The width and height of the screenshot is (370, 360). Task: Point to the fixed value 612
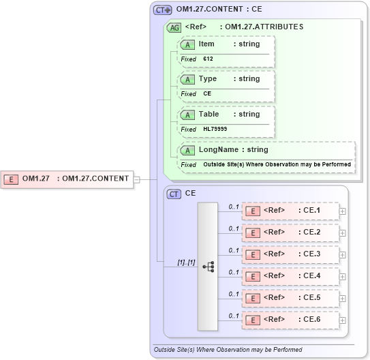(x=208, y=59)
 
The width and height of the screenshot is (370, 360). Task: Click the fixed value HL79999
(x=215, y=129)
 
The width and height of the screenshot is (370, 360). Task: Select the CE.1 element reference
(x=291, y=211)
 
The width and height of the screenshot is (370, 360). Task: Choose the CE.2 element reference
(x=291, y=232)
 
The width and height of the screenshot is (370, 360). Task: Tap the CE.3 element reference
(x=291, y=254)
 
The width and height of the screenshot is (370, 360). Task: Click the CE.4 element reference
(x=291, y=276)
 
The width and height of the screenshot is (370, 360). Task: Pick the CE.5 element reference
(x=291, y=298)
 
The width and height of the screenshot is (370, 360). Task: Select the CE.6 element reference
(x=291, y=320)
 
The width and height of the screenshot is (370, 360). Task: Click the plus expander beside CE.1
(x=343, y=211)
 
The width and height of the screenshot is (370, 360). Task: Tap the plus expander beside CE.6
(x=343, y=320)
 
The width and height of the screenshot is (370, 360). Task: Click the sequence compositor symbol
(x=208, y=267)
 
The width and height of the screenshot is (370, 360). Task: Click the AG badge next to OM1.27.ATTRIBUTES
(x=174, y=27)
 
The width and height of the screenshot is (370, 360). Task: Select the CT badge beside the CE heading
(x=174, y=194)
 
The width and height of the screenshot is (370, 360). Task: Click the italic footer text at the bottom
(x=228, y=350)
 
